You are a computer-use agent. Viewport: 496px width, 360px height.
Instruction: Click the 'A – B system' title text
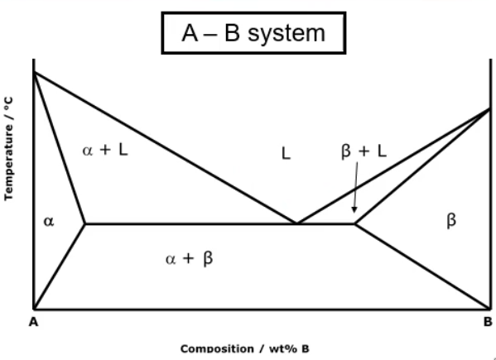point(253,33)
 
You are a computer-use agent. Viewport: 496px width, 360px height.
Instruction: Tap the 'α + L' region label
point(105,150)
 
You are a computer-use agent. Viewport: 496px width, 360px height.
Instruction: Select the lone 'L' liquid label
point(286,154)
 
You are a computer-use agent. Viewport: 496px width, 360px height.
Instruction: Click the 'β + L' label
point(364,151)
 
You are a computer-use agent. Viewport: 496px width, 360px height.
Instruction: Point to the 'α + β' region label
point(189,258)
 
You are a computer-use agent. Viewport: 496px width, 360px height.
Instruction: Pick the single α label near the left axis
point(49,221)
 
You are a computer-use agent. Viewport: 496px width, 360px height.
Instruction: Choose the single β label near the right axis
point(451,220)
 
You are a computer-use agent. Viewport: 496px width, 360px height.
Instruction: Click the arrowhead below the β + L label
point(354,210)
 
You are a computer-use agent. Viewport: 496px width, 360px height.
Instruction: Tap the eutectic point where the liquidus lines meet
point(296,223)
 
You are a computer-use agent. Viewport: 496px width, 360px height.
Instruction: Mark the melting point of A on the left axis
point(34,72)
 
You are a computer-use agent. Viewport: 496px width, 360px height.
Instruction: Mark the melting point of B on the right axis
point(490,108)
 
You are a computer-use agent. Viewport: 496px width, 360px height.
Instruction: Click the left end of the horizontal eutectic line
point(85,223)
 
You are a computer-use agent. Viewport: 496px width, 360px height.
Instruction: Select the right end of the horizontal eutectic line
point(354,223)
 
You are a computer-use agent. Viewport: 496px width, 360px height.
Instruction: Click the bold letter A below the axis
point(33,322)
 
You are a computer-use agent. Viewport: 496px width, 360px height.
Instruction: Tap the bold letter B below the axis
point(488,322)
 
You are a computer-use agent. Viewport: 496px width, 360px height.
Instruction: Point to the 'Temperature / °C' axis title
point(9,148)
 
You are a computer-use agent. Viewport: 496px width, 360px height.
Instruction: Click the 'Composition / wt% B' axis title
point(245,349)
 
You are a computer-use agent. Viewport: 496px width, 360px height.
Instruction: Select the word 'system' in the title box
point(287,34)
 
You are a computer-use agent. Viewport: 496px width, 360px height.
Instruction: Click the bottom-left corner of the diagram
point(34,309)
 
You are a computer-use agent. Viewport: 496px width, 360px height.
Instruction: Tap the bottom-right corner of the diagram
point(491,309)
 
